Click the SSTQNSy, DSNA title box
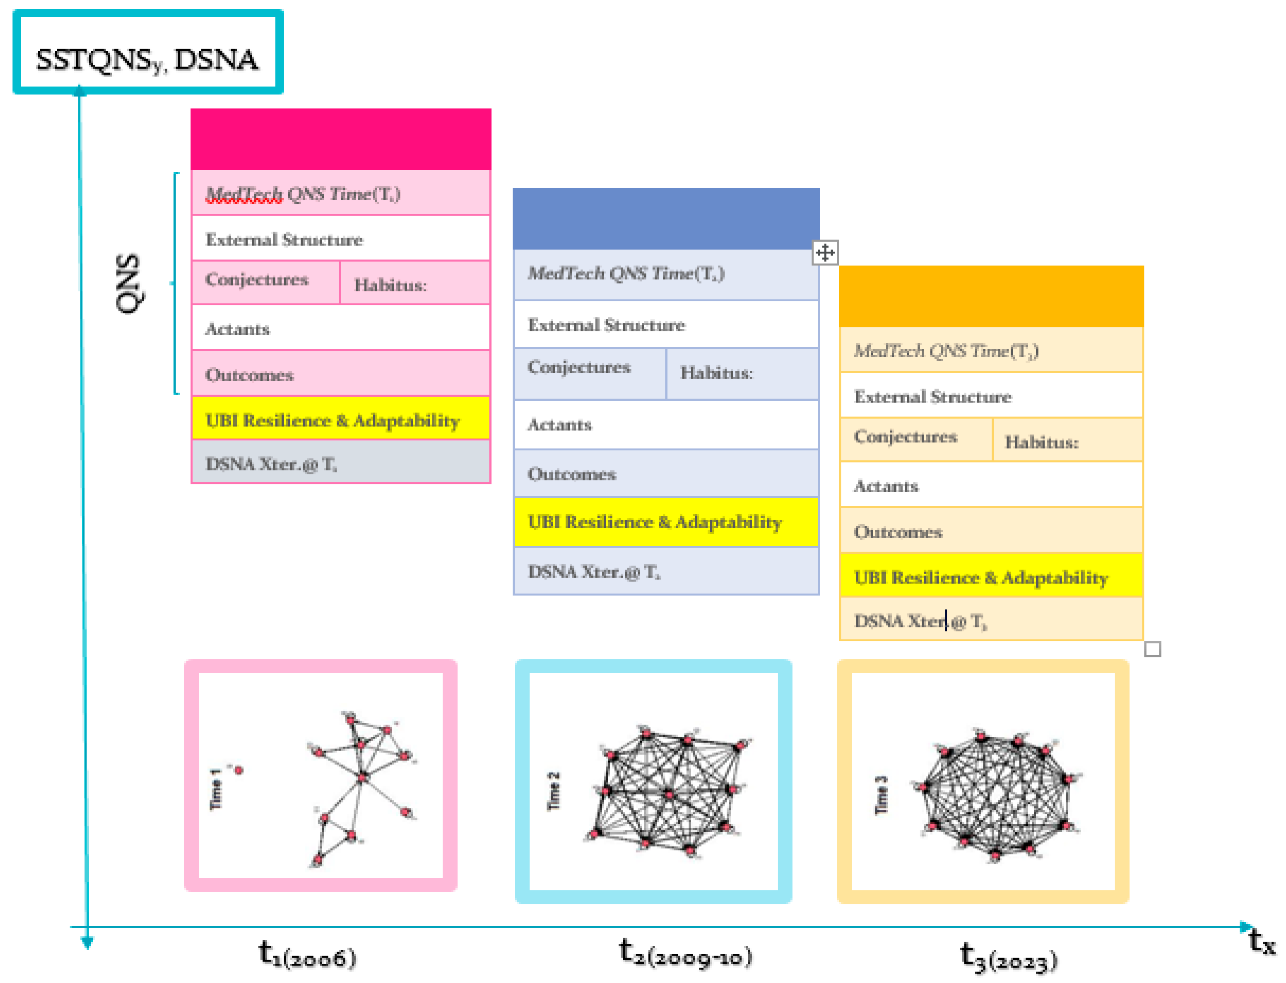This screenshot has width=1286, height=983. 148,52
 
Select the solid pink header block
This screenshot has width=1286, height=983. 340,139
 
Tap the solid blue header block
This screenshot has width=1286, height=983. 665,219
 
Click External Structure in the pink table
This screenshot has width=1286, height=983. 340,239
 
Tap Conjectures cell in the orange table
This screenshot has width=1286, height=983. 915,438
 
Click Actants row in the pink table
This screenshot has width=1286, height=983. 340,329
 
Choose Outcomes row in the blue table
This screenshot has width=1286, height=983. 665,474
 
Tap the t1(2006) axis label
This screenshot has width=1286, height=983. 307,954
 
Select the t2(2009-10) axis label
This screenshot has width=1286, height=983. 685,953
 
